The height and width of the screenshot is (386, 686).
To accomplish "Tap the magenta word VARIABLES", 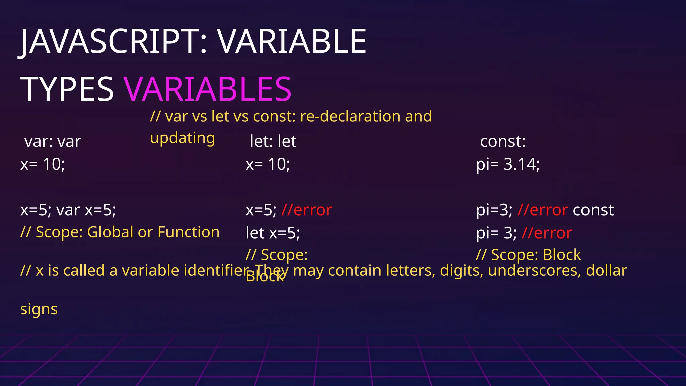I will (x=208, y=89).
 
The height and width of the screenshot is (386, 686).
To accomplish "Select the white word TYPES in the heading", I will (x=67, y=89).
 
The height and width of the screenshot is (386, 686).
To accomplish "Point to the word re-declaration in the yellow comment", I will (x=350, y=116).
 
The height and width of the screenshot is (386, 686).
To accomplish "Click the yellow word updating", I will (x=183, y=138).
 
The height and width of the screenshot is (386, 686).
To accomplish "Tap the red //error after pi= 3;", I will (x=547, y=233).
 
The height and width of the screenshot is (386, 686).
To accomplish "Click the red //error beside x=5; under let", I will (x=306, y=210).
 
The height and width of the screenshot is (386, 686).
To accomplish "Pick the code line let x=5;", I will (x=273, y=233).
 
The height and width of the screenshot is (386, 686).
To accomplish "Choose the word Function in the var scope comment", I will (x=189, y=232).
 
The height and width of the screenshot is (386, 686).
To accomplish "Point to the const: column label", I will (x=502, y=141).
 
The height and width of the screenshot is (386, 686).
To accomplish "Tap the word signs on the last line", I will (x=39, y=309).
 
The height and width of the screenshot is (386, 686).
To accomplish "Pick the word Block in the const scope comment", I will (x=562, y=255).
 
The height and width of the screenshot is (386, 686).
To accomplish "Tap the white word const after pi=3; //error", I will (x=593, y=210).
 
